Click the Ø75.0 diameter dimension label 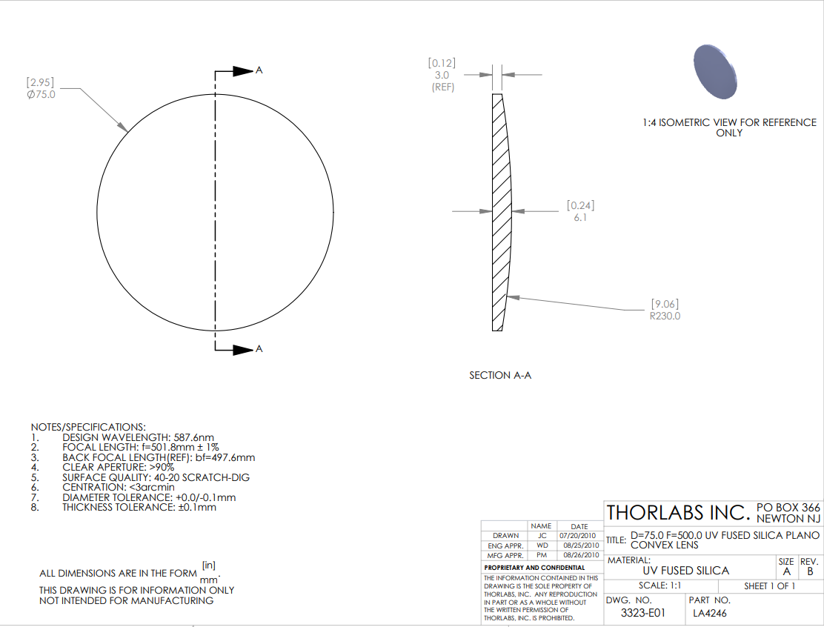click(41, 95)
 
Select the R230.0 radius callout click(665, 316)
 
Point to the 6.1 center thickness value click(580, 218)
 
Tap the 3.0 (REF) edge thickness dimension click(442, 81)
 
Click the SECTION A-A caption click(500, 375)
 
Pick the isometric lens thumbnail click(714, 71)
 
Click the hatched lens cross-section click(502, 212)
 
